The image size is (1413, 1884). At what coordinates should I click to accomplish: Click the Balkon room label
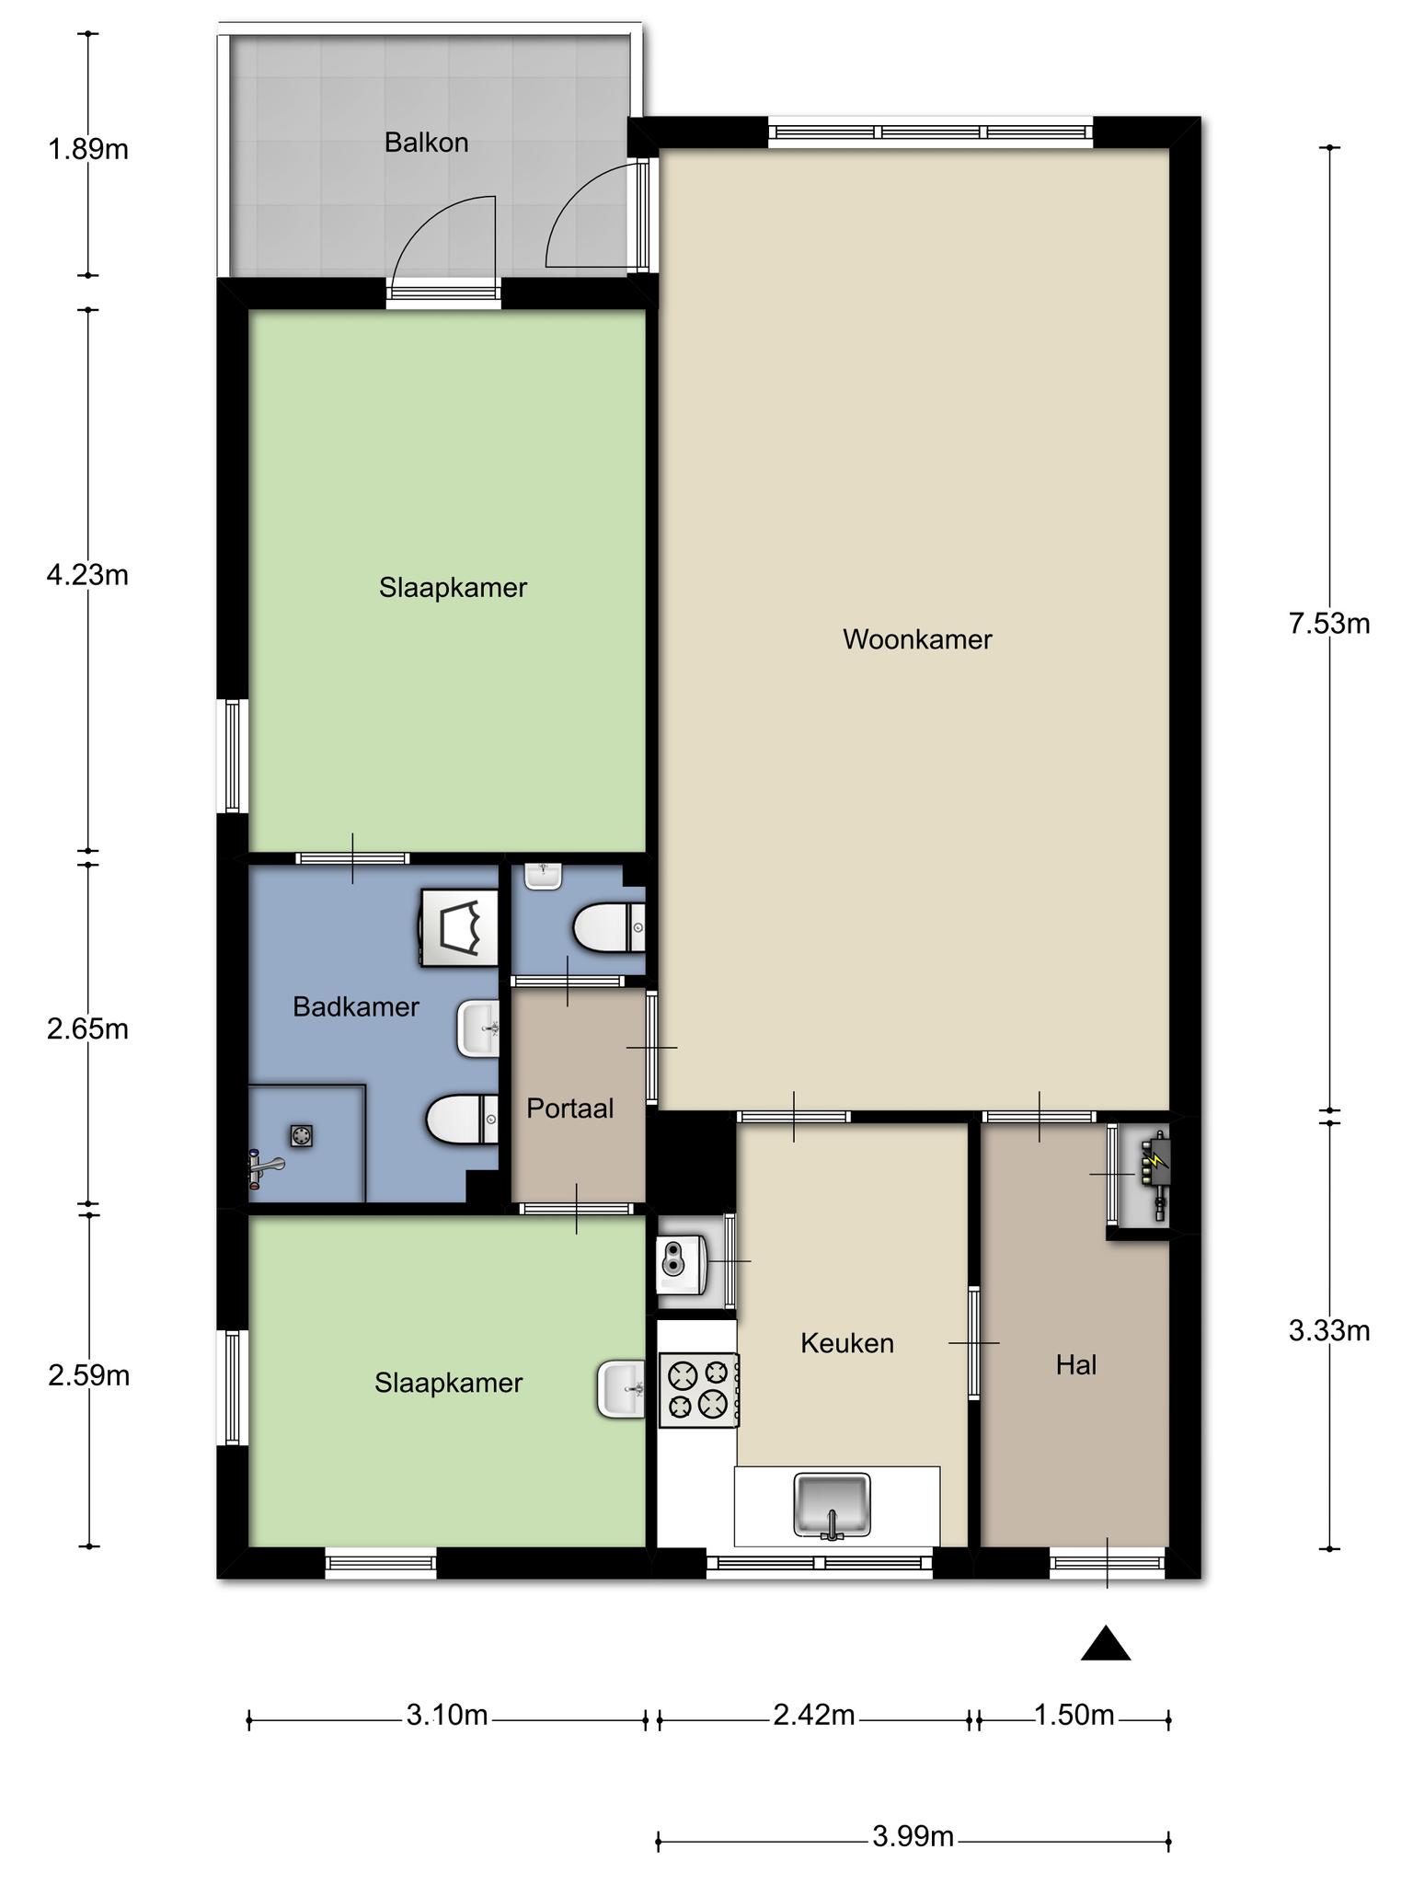click(427, 143)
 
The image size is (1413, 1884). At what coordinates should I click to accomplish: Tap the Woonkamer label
click(917, 639)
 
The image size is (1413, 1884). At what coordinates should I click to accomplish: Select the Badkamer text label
click(356, 1007)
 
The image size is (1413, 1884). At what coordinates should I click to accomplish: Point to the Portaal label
click(570, 1109)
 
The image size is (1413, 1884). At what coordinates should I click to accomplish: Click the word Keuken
click(847, 1343)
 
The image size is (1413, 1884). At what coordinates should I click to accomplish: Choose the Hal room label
click(1076, 1365)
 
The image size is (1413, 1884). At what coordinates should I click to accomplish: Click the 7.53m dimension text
click(1329, 625)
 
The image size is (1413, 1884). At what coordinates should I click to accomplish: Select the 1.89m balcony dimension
click(88, 149)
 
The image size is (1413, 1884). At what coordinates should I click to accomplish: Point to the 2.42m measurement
click(814, 1716)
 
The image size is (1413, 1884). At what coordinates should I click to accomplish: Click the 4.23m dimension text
click(87, 576)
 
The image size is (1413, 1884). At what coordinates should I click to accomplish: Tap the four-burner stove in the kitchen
click(699, 1390)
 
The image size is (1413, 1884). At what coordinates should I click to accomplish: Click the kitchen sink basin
click(833, 1506)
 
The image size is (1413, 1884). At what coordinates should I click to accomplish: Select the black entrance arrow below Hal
click(1106, 1644)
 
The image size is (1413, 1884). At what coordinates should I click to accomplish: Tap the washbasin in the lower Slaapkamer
click(622, 1389)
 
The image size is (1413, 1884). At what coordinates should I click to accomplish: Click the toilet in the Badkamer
click(463, 1119)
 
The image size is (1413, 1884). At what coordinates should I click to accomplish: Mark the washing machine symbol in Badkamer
click(459, 927)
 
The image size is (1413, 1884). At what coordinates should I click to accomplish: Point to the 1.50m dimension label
click(1074, 1716)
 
